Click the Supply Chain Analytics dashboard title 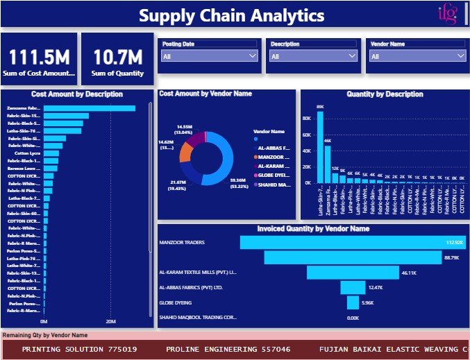231,15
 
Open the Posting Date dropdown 210,57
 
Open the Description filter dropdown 313,57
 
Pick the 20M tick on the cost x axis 110,322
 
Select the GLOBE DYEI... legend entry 274,175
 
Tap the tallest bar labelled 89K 320,146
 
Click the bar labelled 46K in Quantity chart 328,164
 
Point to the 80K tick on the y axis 306,118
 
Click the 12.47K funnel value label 376,287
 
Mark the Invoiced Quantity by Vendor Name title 313,228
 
